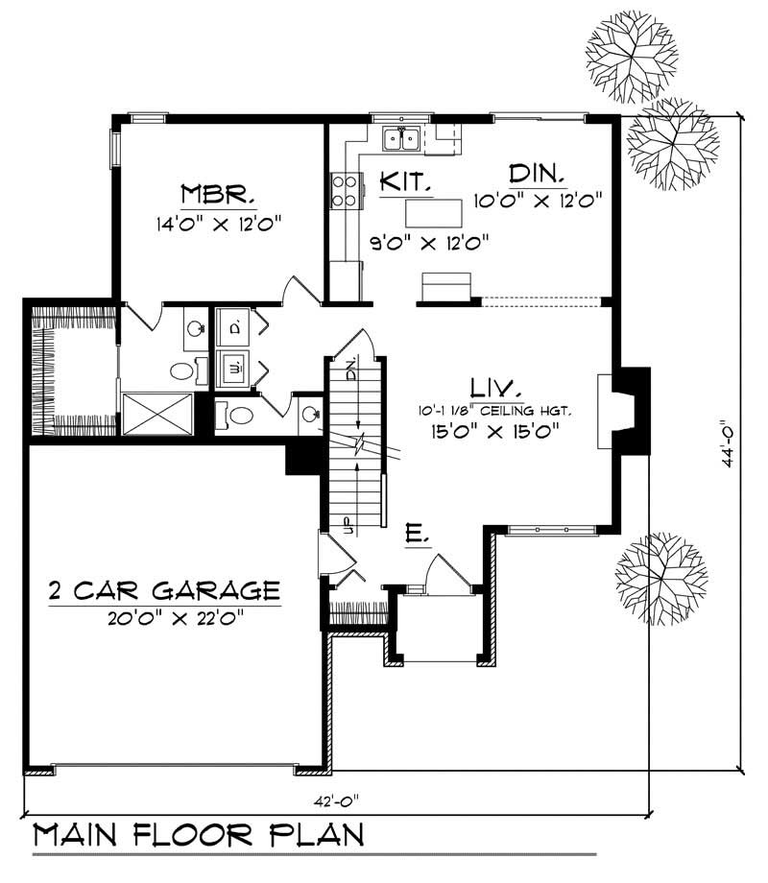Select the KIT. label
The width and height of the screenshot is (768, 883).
[x=404, y=180]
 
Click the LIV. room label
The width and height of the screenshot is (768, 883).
[x=496, y=389]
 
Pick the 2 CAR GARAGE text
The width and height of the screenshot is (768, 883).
[x=164, y=588]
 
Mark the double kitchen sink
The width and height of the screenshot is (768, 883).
[x=401, y=140]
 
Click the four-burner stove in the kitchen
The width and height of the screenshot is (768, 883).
[x=346, y=189]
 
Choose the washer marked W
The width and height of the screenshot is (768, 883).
[x=235, y=366]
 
